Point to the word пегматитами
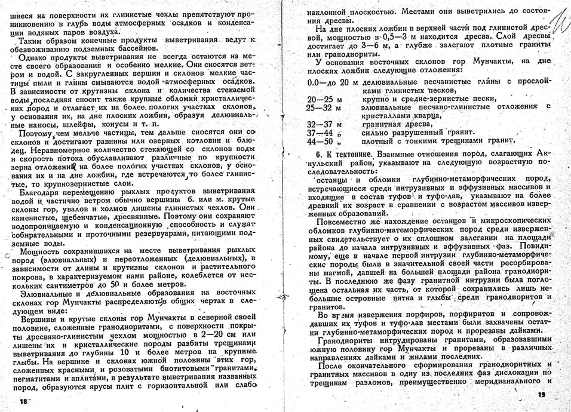pos(37,379)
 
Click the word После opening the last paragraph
pos(332,364)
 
